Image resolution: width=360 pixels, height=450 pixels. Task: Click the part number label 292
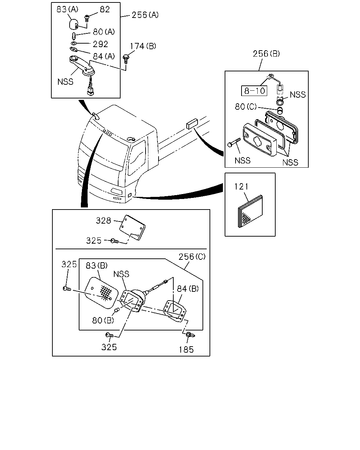(101, 44)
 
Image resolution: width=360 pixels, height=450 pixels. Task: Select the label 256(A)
(145, 15)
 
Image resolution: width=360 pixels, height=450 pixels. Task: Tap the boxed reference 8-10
(254, 91)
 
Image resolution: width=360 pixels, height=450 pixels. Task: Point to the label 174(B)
(143, 46)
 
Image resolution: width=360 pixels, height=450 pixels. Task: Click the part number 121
(241, 187)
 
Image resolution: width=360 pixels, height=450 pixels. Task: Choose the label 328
(103, 220)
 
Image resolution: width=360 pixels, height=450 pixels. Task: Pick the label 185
(186, 349)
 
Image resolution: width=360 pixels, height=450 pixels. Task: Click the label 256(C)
(192, 257)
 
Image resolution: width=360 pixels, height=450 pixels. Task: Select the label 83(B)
(96, 265)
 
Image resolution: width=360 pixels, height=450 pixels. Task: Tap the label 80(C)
(246, 107)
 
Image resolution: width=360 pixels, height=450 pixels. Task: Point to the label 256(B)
(266, 54)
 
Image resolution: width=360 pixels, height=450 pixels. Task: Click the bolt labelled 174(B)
(126, 59)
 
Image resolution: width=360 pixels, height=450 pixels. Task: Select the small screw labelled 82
(86, 18)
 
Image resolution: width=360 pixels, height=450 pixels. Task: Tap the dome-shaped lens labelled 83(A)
(73, 25)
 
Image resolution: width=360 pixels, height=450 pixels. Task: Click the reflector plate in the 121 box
(250, 211)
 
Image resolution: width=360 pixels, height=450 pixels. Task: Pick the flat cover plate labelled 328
(133, 227)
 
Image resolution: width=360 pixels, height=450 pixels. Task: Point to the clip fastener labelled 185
(190, 335)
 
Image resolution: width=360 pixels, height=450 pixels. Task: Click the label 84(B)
(188, 289)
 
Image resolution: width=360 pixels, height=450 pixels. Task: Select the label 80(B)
(103, 320)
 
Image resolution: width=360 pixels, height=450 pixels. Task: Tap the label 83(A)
(67, 9)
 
